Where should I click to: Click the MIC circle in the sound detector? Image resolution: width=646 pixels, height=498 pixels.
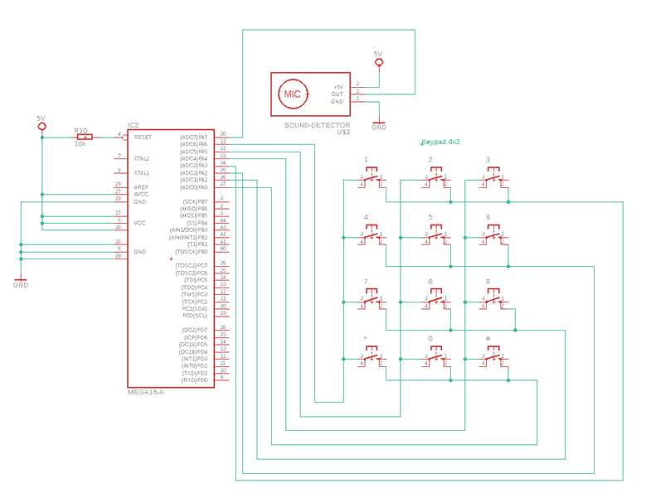point(293,94)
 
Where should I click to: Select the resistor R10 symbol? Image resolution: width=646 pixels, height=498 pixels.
point(84,137)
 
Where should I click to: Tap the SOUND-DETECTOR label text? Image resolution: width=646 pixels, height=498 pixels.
point(317,125)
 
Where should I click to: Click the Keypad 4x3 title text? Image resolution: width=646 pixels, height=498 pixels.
point(440,142)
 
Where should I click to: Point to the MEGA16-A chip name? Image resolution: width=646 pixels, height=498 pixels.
point(145,392)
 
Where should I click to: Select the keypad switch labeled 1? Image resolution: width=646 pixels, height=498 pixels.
point(372,178)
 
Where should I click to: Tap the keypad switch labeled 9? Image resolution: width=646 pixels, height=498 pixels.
point(494,301)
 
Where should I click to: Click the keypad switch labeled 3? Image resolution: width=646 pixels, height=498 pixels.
point(494,178)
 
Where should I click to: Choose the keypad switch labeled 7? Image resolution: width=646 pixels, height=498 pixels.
point(372,301)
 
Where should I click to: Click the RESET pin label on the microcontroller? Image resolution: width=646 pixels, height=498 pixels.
point(143,138)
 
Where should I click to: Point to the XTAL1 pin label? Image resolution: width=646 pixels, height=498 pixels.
point(142,173)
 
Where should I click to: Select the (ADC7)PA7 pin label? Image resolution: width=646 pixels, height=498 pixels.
point(193,138)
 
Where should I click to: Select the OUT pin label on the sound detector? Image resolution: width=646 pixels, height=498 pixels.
point(338,94)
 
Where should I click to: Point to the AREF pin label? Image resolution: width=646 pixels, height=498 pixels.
point(141,187)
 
